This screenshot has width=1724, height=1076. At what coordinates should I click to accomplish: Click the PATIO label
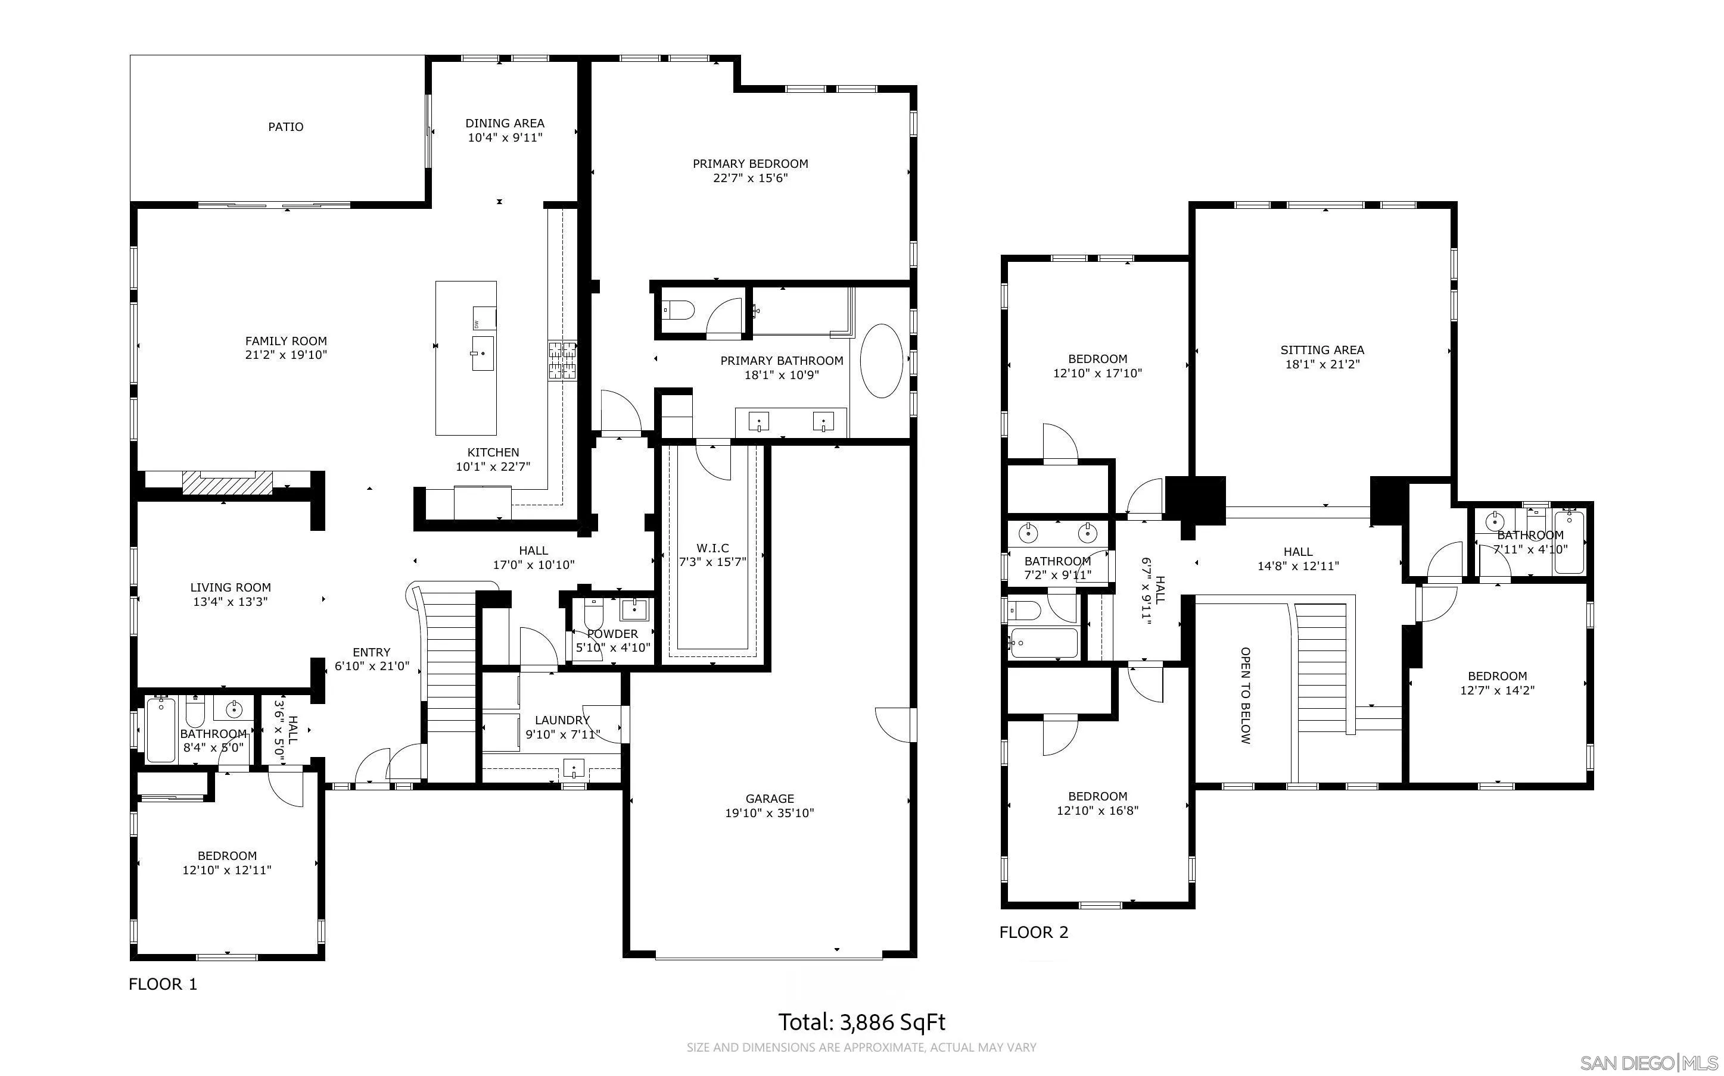pyautogui.click(x=285, y=127)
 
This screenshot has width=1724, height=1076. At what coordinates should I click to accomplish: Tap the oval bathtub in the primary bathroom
pyautogui.click(x=882, y=361)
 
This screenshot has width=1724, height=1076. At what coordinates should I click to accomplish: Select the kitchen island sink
pyautogui.click(x=482, y=353)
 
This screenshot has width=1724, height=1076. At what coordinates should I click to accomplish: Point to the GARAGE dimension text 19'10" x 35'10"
pyautogui.click(x=769, y=813)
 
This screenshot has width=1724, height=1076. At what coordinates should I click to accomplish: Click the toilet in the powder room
pyautogui.click(x=593, y=614)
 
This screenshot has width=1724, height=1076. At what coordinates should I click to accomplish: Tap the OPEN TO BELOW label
pyautogui.click(x=1245, y=695)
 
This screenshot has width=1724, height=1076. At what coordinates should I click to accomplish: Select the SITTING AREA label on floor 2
pyautogui.click(x=1322, y=349)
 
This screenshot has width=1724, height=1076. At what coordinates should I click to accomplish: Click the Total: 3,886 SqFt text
pyautogui.click(x=861, y=1022)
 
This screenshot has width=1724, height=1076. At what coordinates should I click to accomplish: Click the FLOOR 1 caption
pyautogui.click(x=163, y=984)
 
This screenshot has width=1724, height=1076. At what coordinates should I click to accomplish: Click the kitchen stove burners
pyautogui.click(x=562, y=361)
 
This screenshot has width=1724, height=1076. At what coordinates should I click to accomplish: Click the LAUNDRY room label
pyautogui.click(x=562, y=720)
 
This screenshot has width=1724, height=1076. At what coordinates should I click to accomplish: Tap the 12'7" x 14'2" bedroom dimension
pyautogui.click(x=1497, y=690)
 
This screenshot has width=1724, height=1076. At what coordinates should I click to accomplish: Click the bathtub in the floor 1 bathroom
pyautogui.click(x=161, y=731)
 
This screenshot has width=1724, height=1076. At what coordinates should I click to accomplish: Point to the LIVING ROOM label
pyautogui.click(x=230, y=587)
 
